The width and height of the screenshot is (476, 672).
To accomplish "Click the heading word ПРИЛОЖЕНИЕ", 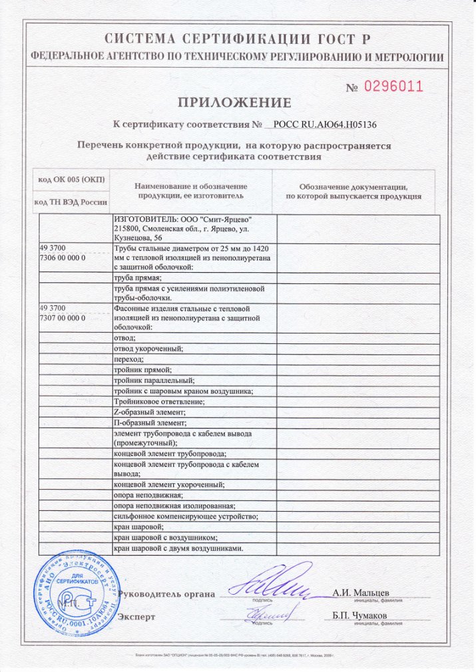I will [x=234, y=102].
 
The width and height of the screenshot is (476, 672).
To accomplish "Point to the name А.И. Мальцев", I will [x=361, y=593].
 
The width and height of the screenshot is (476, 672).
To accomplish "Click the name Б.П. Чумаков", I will [x=359, y=615].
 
